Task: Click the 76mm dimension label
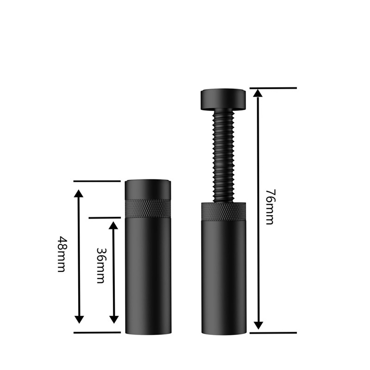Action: coord(270,207)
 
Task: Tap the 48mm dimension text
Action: coord(62,254)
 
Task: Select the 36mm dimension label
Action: coord(101,265)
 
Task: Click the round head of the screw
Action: coord(223,99)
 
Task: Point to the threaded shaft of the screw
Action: coord(224,156)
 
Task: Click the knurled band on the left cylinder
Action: coord(148,209)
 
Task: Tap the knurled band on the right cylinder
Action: coord(224,211)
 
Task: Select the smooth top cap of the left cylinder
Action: coord(148,190)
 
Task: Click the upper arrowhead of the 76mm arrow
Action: coord(259,93)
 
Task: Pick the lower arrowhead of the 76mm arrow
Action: coord(259,325)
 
